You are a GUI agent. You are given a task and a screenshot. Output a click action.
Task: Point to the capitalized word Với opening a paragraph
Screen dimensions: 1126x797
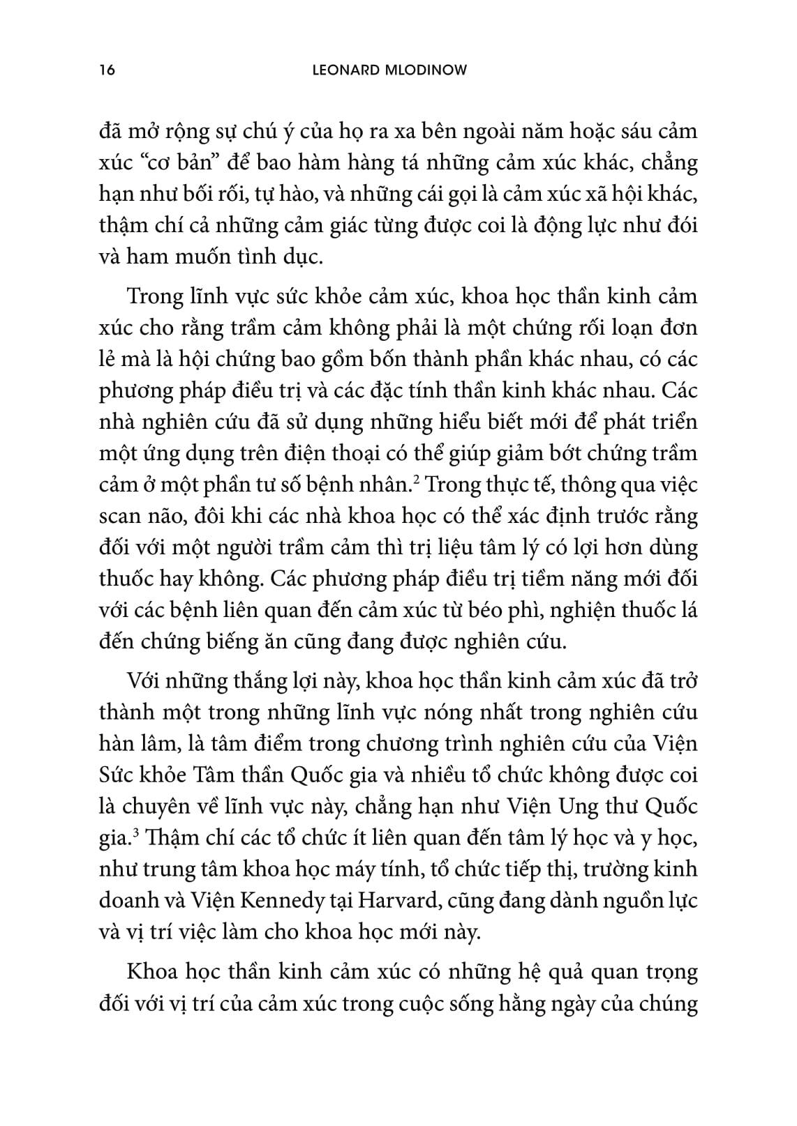(145, 680)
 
